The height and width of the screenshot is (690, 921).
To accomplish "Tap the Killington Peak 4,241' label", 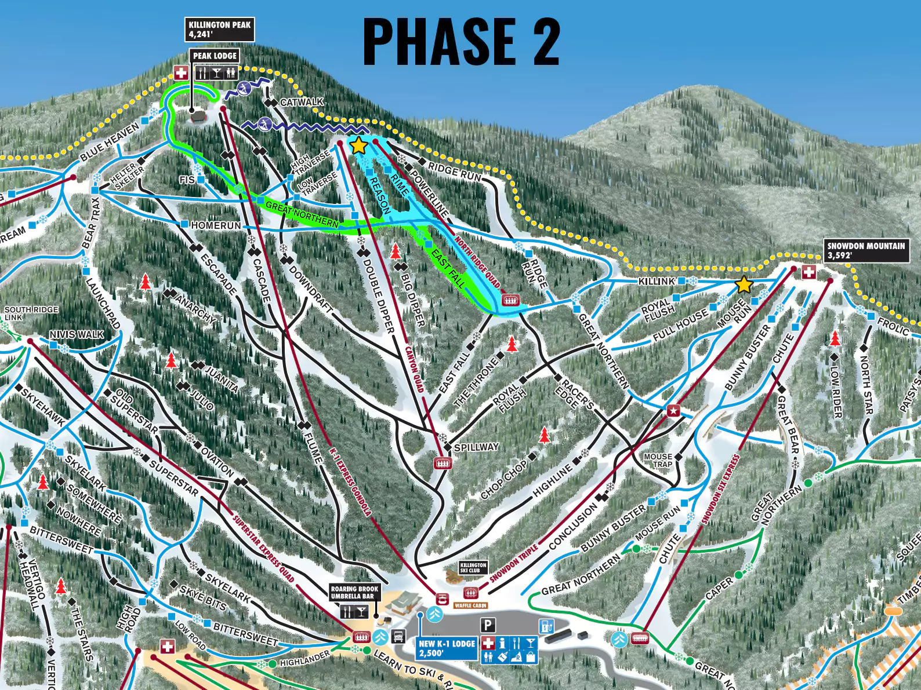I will point(220,30).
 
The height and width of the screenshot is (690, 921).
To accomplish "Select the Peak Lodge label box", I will point(215,56).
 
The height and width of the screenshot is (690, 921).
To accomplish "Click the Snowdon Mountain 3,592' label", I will point(866,250).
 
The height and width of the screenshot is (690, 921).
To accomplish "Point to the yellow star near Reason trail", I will point(358,145).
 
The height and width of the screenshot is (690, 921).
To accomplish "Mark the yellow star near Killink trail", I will point(744,285).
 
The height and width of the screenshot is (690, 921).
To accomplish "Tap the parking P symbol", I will point(488,625).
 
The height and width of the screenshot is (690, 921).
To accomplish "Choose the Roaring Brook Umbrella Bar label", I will point(354,592).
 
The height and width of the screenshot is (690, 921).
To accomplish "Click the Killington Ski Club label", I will point(473,567).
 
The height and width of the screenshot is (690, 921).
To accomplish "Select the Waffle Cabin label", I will point(470,605).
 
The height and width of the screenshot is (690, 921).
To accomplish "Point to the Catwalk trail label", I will point(302,102).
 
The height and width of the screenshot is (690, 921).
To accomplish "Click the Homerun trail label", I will point(216,225).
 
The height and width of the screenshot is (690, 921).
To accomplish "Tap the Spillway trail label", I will point(476,447).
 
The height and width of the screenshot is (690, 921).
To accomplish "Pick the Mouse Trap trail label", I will point(658,460).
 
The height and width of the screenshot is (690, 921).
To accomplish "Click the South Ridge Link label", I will point(31,313).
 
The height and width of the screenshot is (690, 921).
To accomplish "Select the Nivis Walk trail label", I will point(77,334).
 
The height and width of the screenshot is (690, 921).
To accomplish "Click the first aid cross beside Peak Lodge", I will point(181,72).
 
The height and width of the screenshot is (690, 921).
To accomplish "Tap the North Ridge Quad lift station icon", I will point(510,300).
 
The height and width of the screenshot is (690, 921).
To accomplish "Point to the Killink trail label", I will point(657,281).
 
